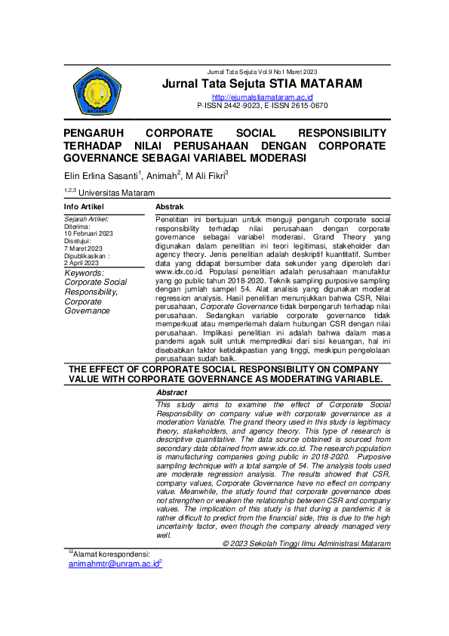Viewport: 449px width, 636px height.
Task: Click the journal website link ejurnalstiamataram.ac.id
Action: (x=262, y=97)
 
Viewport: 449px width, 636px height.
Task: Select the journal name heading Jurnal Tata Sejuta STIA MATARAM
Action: (x=262, y=83)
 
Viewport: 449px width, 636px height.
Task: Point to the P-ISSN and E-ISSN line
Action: (x=262, y=107)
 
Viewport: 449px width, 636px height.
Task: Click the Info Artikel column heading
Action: (x=84, y=206)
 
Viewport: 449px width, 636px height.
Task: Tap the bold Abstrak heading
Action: (x=170, y=206)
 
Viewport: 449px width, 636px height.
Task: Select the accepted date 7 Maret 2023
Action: (x=83, y=248)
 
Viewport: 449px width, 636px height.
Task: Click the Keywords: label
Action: (x=85, y=273)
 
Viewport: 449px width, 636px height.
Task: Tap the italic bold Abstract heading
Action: (x=172, y=393)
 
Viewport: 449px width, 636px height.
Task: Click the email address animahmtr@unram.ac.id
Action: (x=114, y=563)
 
